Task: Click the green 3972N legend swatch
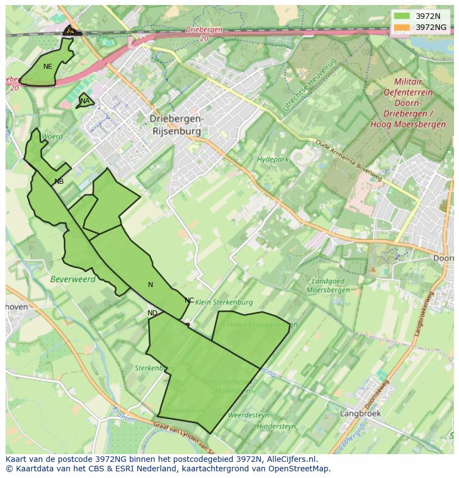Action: [402, 16]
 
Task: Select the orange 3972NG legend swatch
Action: [402, 27]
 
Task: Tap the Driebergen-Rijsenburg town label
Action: [177, 125]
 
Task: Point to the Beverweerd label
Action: [73, 279]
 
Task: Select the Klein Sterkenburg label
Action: [225, 303]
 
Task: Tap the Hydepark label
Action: [273, 160]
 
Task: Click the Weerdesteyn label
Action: [248, 415]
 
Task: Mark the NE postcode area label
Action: [48, 67]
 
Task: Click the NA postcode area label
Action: [85, 101]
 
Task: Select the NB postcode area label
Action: [59, 182]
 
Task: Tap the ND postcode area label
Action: [152, 313]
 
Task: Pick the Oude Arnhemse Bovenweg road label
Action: [349, 160]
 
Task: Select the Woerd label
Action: [52, 137]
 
